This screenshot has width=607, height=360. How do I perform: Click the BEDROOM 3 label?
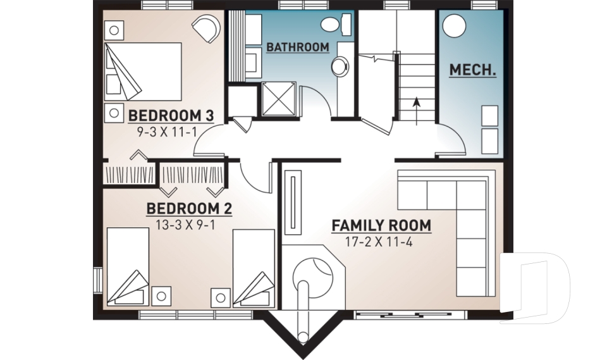pos(171,116)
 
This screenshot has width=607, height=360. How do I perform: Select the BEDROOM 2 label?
pos(189,208)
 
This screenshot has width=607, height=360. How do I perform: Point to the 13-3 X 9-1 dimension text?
pos(189,225)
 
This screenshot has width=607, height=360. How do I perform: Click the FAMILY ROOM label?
pos(381,225)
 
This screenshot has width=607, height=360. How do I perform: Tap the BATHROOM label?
pos(297,47)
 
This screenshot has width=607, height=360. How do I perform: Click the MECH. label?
pos(472,70)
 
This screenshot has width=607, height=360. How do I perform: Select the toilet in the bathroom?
pos(334,25)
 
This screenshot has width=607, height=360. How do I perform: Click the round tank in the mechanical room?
pos(454,27)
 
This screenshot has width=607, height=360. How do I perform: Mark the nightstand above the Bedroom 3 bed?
pos(114,28)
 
